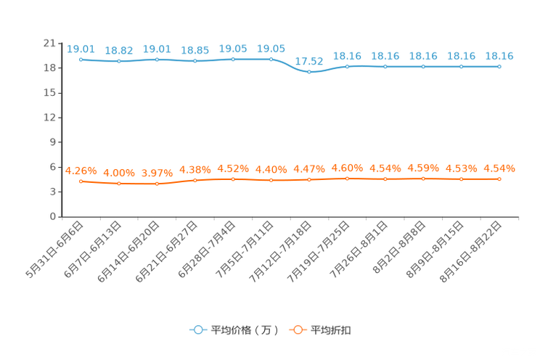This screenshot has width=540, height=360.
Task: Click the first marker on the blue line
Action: pos(81,60)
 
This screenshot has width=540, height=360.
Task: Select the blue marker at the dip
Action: pos(309,72)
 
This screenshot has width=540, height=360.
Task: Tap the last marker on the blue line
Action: pos(499,67)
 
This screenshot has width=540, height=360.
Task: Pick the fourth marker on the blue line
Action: pos(195,61)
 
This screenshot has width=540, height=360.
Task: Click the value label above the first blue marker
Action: pos(81,49)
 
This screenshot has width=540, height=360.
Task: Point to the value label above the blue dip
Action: pos(310,61)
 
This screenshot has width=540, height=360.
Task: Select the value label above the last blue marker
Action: pos(499,56)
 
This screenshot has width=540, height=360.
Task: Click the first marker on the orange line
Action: pos(81,181)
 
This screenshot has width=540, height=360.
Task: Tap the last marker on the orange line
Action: pos(499,178)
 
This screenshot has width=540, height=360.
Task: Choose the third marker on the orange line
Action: pos(157,184)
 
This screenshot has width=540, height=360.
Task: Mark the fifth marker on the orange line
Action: pos(233,178)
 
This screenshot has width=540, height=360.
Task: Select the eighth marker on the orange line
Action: pos(348,178)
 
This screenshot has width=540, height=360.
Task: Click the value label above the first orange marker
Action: pos(81,171)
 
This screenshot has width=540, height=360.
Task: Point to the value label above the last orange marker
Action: pos(499,168)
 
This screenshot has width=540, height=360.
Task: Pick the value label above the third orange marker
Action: pos(157,173)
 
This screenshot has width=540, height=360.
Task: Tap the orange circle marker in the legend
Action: pos(297,330)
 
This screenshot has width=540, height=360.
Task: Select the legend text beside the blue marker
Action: pos(245,330)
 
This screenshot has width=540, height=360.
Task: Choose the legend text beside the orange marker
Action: pos(332,330)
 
